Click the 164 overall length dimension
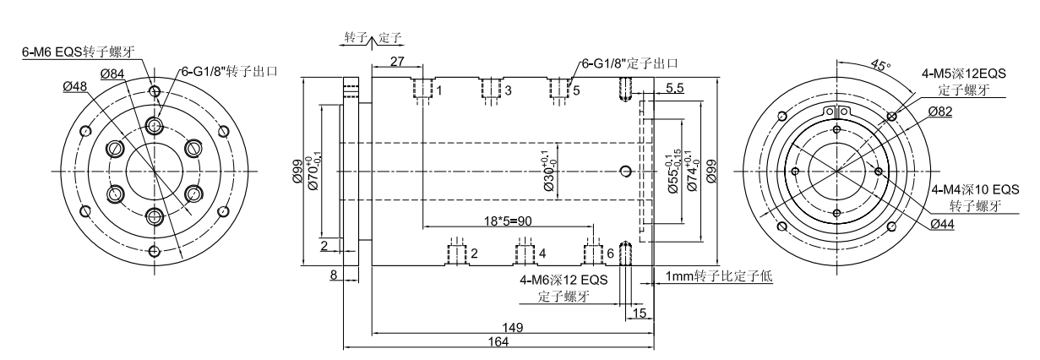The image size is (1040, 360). (498, 341)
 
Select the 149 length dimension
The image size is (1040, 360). (514, 326)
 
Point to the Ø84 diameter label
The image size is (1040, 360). (112, 74)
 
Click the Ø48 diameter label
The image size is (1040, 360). (75, 86)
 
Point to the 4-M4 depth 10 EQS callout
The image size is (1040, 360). (975, 190)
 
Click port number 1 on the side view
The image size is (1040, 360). (439, 90)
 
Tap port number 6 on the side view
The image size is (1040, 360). (610, 254)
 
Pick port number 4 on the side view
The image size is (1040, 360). (542, 253)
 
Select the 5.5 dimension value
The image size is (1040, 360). (675, 88)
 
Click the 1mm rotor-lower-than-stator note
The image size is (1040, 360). (720, 276)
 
